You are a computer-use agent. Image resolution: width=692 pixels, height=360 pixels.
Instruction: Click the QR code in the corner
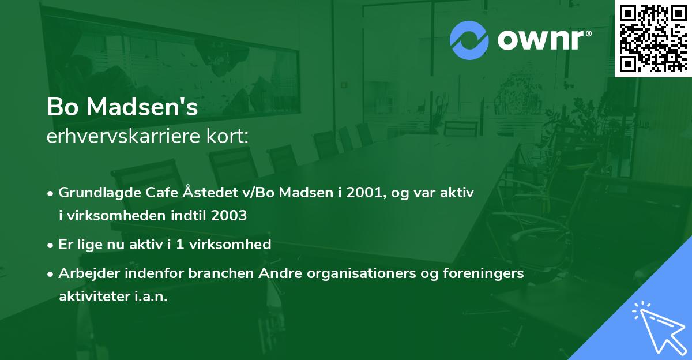point(653,38)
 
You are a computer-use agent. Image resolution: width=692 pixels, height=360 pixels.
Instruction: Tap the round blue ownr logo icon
point(469,40)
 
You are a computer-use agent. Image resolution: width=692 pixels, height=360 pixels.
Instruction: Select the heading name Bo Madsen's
point(122,108)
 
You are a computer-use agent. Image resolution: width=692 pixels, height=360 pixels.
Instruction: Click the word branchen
point(214,273)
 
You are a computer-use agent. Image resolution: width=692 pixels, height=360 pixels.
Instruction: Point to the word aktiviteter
point(95,297)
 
